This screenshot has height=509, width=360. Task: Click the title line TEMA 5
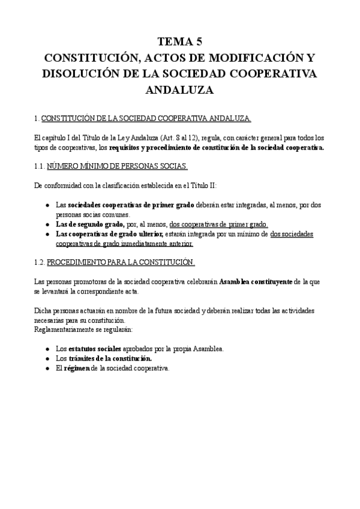point(179,42)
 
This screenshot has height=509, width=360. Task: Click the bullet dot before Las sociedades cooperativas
point(47,205)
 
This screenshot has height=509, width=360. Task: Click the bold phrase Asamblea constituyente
point(256,282)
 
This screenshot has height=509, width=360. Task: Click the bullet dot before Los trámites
point(47,359)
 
